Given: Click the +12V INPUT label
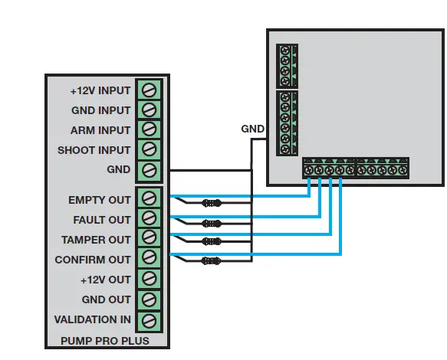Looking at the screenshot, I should pyautogui.click(x=100, y=90).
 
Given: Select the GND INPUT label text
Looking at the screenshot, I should pyautogui.click(x=100, y=110).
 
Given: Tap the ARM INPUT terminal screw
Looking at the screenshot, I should pyautogui.click(x=150, y=129).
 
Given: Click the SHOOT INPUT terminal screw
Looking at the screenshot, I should pyautogui.click(x=150, y=149).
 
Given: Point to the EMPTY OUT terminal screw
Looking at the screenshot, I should pyautogui.click(x=150, y=199).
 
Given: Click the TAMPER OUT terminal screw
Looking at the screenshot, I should pyautogui.click(x=150, y=239).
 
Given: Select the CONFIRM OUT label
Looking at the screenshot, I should pyautogui.click(x=93, y=260).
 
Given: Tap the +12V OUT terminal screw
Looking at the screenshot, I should pyautogui.click(x=150, y=279).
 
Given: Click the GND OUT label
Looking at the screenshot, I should pyautogui.click(x=107, y=299).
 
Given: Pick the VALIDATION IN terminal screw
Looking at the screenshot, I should pyautogui.click(x=150, y=319).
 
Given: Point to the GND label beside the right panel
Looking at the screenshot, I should pyautogui.click(x=252, y=129).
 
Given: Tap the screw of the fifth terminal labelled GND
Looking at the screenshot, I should pyautogui.click(x=150, y=169).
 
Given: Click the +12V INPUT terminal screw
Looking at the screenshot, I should pyautogui.click(x=150, y=90).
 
